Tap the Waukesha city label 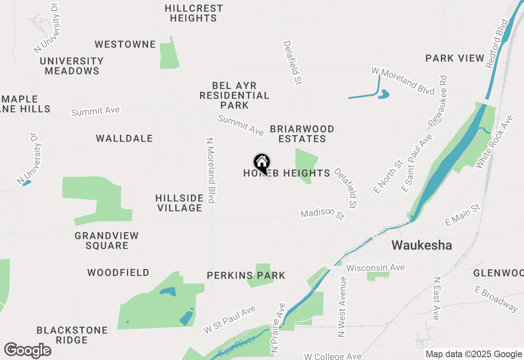coord(422,245)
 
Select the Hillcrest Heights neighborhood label coord(194,13)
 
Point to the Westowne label coord(125,44)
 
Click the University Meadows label coord(72,66)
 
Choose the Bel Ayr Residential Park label coord(234,95)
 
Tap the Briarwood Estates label coord(302,134)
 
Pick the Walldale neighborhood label coord(124,139)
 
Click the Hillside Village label coord(179,203)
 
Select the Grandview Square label coord(107,241)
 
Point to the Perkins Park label coord(246,275)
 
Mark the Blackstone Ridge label coord(72,335)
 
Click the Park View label coord(455,58)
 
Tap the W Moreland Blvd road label coord(403,81)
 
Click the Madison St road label coord(323,214)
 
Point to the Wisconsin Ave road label coord(375,268)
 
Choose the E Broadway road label coord(496,299)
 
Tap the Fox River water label coord(237,346)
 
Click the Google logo coord(28,350)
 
